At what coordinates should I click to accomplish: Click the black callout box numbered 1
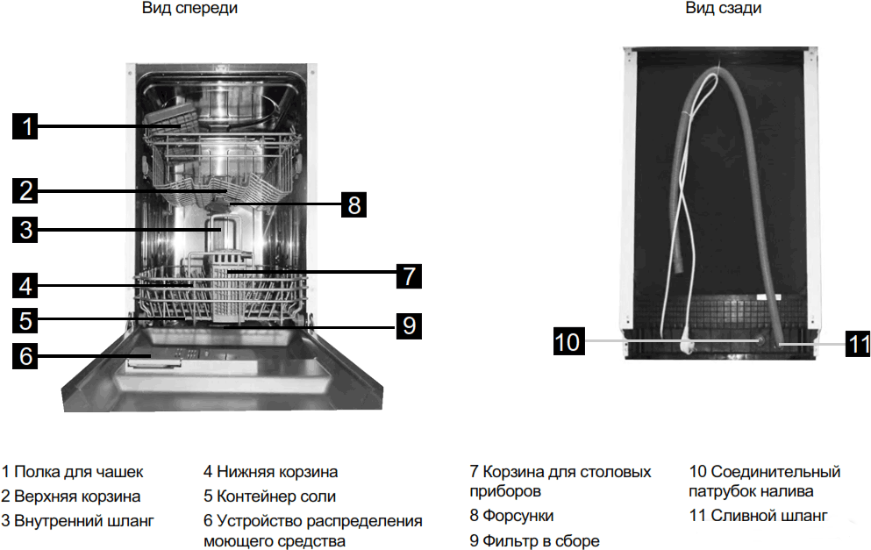point(25,126)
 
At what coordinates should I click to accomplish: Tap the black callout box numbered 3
point(25,230)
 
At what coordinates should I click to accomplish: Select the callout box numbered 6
point(25,355)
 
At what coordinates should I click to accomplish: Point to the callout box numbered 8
point(353,204)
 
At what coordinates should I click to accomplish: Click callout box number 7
point(409,276)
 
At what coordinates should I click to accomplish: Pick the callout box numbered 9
point(409,325)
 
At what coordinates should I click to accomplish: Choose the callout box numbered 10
point(568,341)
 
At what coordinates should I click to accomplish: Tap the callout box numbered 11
point(858,344)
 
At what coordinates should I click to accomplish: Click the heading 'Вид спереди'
point(190,9)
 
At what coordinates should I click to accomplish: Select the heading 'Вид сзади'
point(724,9)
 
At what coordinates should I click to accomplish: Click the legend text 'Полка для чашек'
point(78,472)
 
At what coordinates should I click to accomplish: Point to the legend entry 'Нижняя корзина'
point(277,472)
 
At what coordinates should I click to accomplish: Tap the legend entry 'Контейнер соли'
point(276,496)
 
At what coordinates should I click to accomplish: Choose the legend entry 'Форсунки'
point(518,516)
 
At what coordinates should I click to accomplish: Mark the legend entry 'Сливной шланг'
point(769,516)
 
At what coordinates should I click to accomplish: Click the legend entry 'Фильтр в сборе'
point(541,540)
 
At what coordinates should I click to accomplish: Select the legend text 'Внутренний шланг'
point(84,520)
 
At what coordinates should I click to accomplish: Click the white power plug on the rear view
point(687,346)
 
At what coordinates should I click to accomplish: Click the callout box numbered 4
point(25,286)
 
